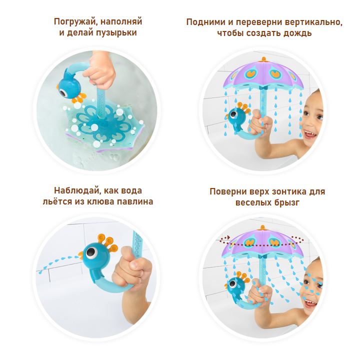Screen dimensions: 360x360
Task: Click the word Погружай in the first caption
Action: coord(73,22)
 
